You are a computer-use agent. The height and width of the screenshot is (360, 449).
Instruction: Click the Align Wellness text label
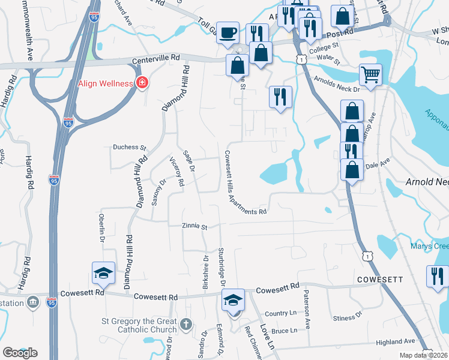coord(105,83)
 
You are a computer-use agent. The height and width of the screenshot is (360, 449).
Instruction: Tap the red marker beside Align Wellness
coord(142,83)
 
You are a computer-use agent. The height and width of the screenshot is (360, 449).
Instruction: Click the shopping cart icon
coord(370,75)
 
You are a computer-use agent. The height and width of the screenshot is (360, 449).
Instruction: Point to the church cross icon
coord(186,325)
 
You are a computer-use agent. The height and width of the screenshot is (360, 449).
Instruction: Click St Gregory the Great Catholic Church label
coord(135,325)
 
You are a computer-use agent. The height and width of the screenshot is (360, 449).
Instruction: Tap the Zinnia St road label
coord(194,227)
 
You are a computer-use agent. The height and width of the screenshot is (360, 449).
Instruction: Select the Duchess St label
coord(130,147)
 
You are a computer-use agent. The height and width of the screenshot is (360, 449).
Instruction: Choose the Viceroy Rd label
coord(176,172)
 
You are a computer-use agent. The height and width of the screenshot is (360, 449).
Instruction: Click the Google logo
coord(20,353)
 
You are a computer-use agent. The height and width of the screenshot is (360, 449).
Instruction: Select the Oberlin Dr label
coord(101,227)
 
